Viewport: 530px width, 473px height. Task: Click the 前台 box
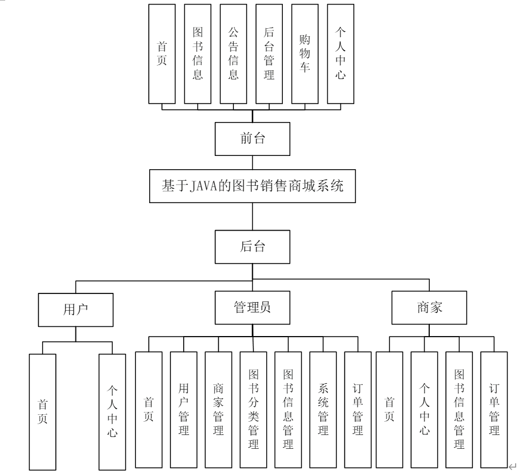click(252, 139)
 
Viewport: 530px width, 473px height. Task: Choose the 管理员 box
click(252, 307)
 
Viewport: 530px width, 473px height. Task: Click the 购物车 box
click(305, 54)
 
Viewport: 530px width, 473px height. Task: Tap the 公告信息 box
click(233, 54)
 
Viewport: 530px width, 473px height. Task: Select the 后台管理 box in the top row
click(269, 54)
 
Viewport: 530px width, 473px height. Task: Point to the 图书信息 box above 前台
click(198, 54)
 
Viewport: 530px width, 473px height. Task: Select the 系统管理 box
click(323, 409)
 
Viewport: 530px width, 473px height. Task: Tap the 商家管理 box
click(218, 409)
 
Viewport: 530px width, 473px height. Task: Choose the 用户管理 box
click(184, 409)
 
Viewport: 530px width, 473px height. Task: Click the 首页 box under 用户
click(43, 411)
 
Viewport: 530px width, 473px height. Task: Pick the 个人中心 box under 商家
click(425, 409)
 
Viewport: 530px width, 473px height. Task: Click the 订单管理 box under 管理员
click(358, 409)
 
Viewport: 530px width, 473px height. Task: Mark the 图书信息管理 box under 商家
click(459, 409)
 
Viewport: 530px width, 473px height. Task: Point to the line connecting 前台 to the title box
click(252, 162)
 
